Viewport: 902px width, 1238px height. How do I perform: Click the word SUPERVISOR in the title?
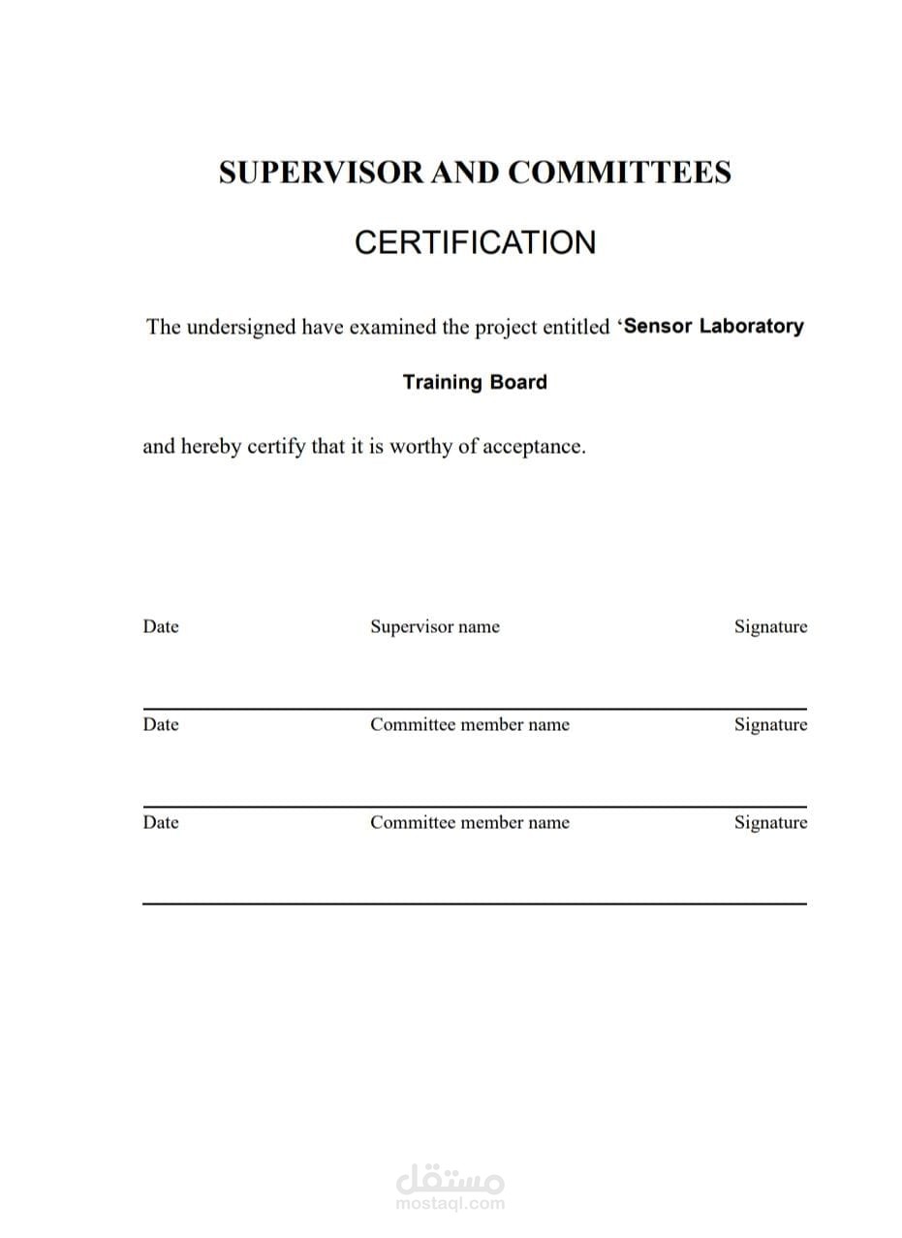click(321, 173)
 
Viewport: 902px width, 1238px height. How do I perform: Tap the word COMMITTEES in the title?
click(620, 173)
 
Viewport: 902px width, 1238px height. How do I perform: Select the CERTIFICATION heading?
click(475, 242)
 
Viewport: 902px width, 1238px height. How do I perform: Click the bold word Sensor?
click(658, 326)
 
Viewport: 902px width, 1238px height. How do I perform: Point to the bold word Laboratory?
click(751, 326)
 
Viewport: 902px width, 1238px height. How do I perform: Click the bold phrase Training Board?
click(475, 382)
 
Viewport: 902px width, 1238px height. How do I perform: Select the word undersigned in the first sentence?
click(240, 327)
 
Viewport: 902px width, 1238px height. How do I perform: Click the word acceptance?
click(534, 447)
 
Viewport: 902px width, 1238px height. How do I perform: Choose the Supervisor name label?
click(435, 626)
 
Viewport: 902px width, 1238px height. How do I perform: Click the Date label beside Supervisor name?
click(161, 626)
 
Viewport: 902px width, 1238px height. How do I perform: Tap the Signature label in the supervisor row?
click(770, 626)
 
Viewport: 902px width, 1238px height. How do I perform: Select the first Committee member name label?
click(470, 724)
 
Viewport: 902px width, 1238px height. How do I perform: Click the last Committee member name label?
click(470, 822)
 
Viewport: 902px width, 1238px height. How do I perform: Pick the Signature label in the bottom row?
click(770, 822)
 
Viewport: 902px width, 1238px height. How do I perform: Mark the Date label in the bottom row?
click(161, 822)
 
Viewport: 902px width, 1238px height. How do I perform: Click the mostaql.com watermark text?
click(451, 1204)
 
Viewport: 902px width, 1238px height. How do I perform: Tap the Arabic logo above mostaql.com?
click(451, 1180)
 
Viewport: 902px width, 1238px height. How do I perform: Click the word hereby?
click(213, 447)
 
